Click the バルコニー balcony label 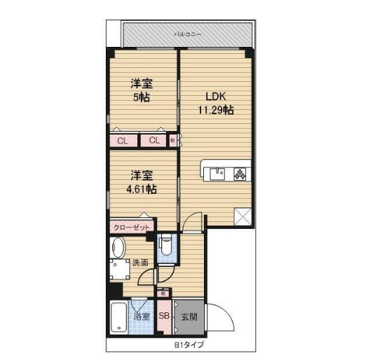(x=187, y=34)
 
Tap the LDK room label (x=215, y=97)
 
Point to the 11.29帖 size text (x=215, y=111)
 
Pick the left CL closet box (x=123, y=141)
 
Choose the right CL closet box (x=154, y=141)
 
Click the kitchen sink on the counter (x=218, y=173)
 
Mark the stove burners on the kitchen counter (x=238, y=173)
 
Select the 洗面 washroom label (x=140, y=263)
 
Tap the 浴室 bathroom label (x=142, y=317)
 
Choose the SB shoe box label (x=164, y=316)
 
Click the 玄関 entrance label (x=189, y=317)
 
